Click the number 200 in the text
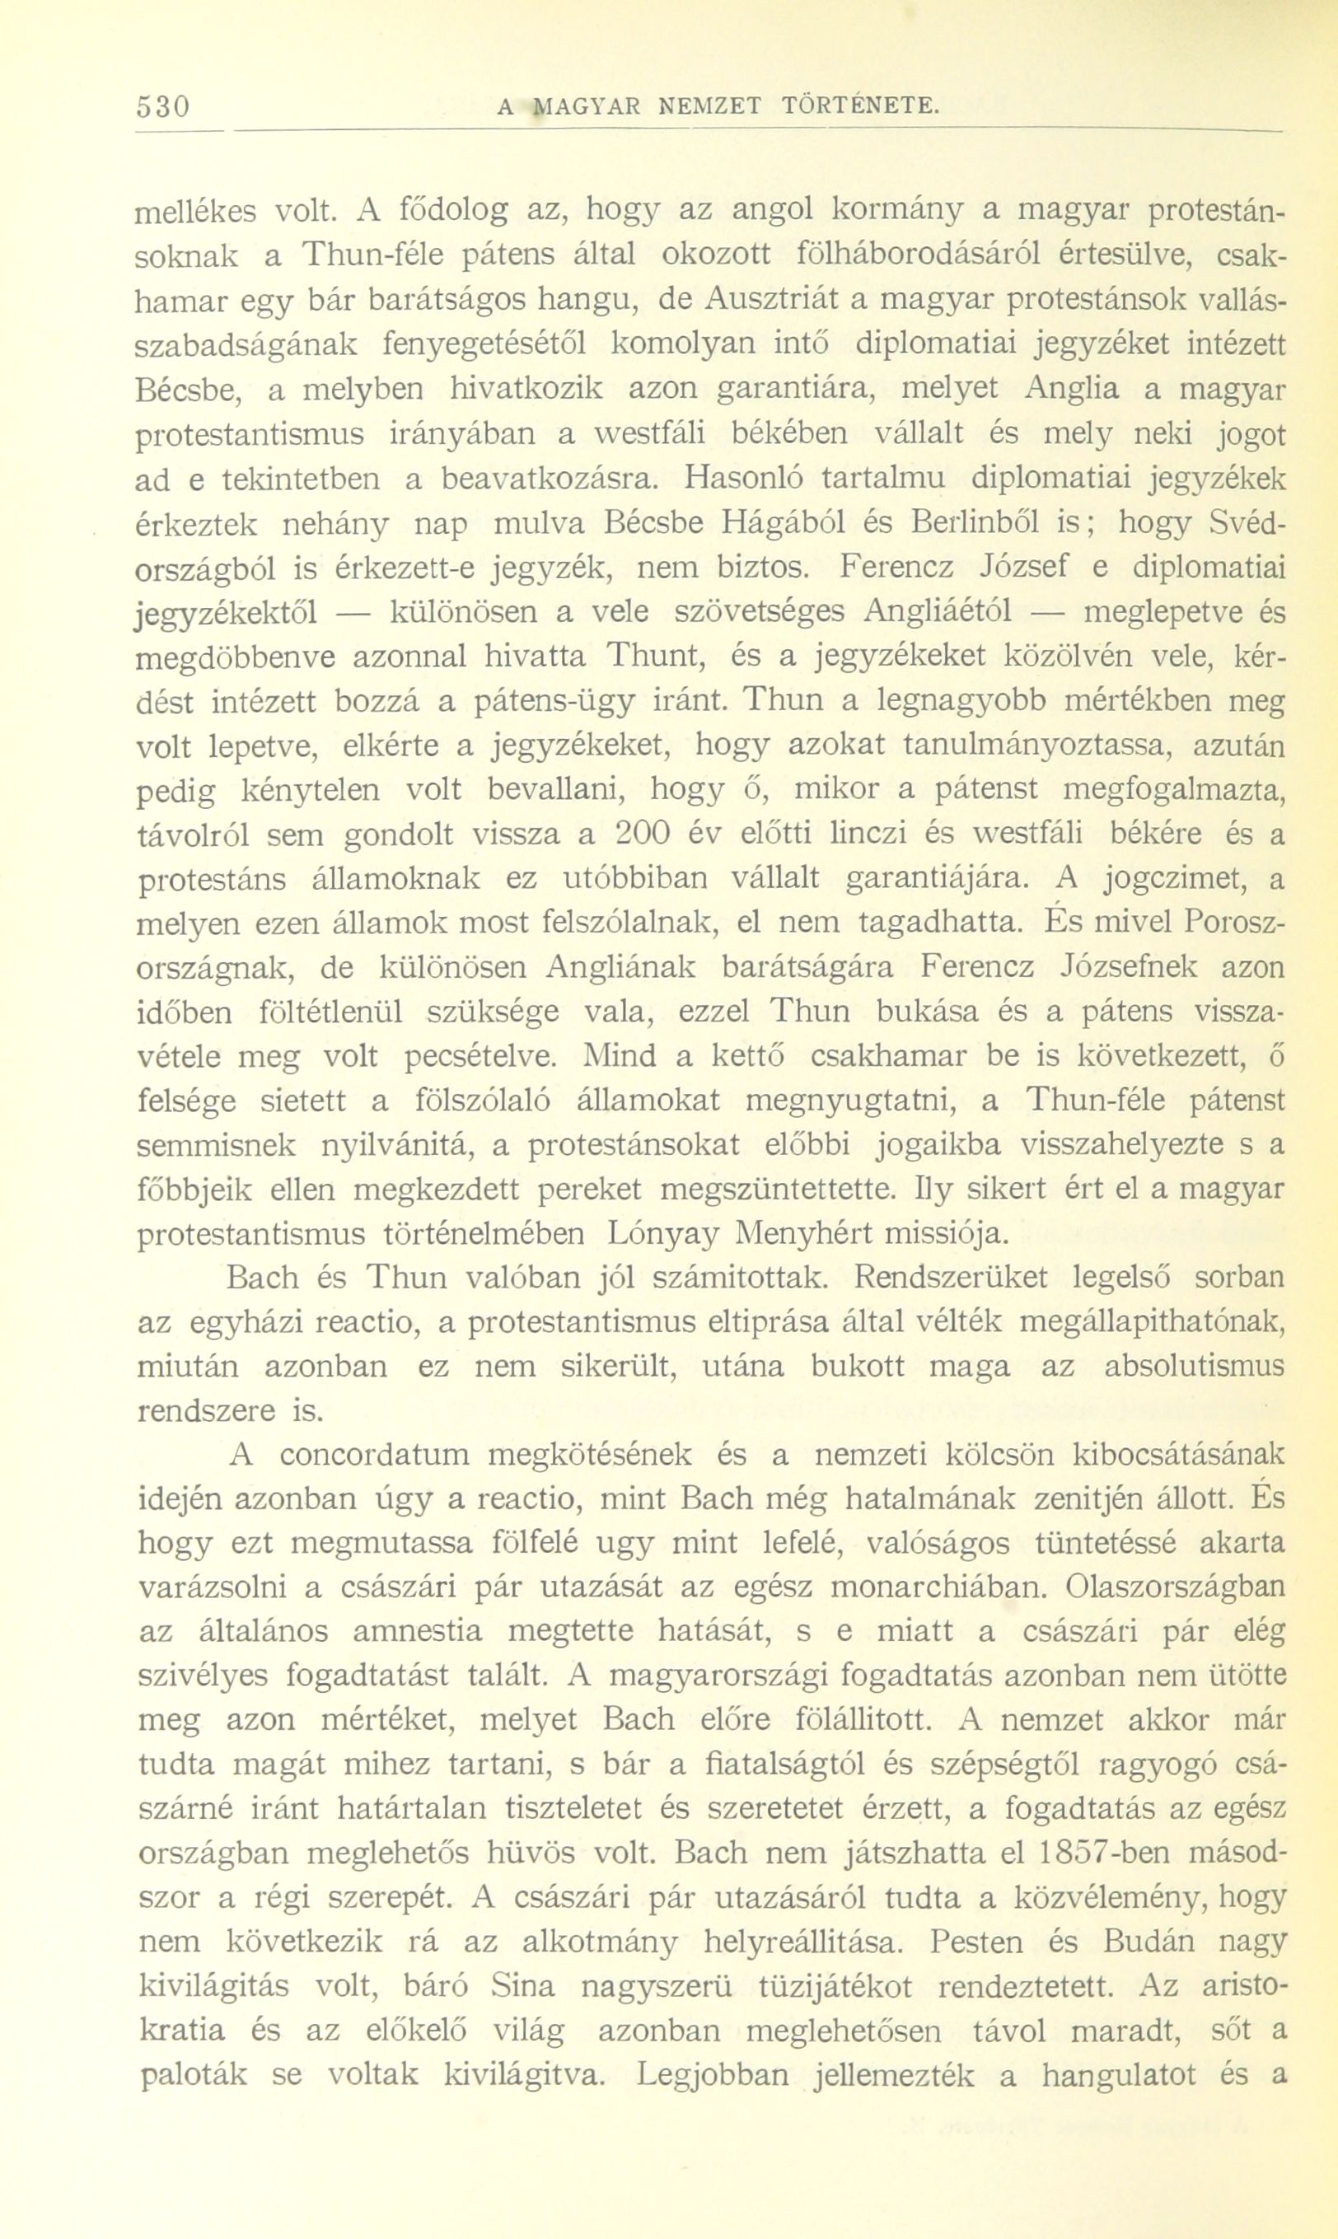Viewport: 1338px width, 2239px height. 644,834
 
